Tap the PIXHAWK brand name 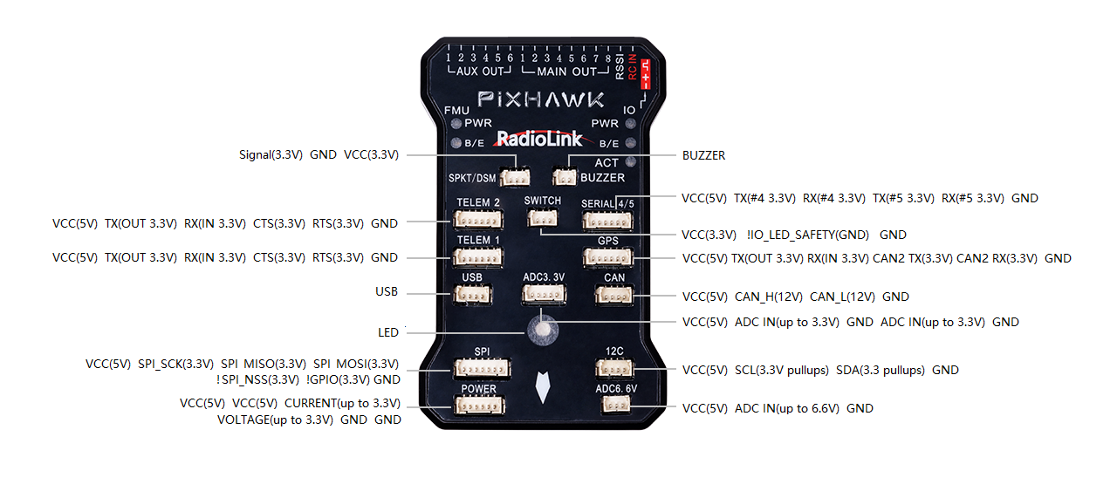[541, 99]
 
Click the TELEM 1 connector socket [477, 257]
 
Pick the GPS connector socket [607, 258]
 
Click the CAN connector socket [613, 296]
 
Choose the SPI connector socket [482, 368]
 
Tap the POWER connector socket [478, 406]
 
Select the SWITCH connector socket [542, 218]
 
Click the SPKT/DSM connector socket [516, 177]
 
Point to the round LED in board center [543, 330]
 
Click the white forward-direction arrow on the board [543, 386]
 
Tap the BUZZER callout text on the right [703, 156]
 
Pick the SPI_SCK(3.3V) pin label [176, 364]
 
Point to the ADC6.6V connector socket [617, 406]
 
